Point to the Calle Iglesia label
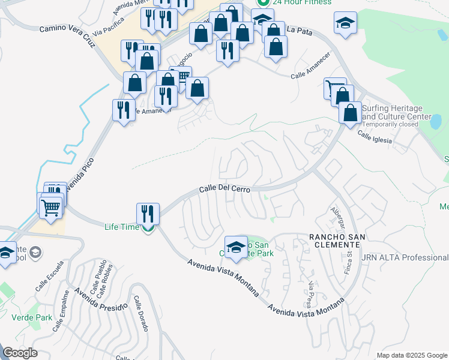[375, 137]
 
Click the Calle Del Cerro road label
[224, 188]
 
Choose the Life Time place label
[122, 227]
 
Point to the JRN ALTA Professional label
[405, 258]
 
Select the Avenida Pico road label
[77, 173]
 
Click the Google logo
[20, 353]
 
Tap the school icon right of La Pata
[346, 24]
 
